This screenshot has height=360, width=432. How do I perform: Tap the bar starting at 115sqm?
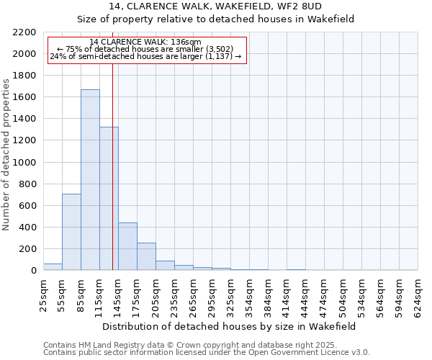109,199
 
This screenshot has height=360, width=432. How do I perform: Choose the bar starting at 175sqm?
146,256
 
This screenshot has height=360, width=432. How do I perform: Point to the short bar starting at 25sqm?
53,267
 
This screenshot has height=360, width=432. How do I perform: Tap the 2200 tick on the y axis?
24,32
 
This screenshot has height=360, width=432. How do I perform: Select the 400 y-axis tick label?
27,228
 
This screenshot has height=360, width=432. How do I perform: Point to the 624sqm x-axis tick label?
418,296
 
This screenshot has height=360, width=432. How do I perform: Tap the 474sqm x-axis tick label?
324,296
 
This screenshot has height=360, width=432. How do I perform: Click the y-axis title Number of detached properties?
8,152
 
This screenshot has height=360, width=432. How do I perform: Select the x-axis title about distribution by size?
230,326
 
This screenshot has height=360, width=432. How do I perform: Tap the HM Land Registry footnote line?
206,345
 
